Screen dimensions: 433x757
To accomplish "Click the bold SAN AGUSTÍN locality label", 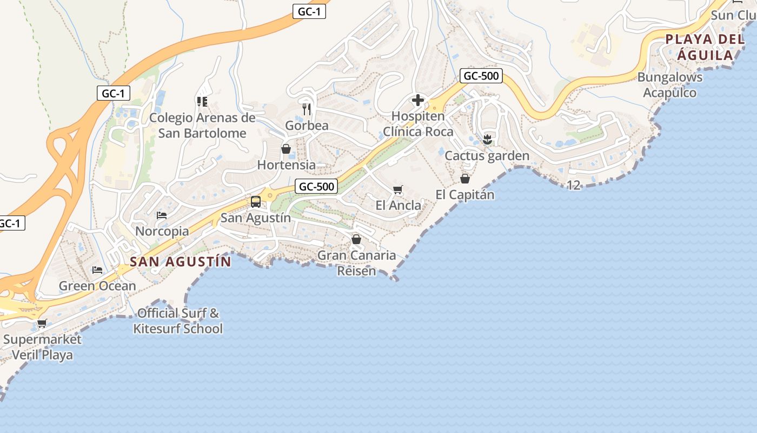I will [x=181, y=262].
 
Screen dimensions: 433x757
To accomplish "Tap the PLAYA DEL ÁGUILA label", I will [x=705, y=47].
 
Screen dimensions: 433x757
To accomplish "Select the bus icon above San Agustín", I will [x=256, y=202].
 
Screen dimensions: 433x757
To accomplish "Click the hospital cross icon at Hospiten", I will [x=418, y=100].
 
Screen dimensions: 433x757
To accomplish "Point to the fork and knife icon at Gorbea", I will [x=307, y=109].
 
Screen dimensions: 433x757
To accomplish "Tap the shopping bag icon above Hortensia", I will [x=286, y=149].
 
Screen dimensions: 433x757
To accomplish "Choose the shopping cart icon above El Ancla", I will [x=398, y=189].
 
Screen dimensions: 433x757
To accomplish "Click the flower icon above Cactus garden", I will [x=487, y=140].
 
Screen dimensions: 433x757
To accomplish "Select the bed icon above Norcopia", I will [x=162, y=215].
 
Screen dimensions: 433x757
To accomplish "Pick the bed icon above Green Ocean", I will [x=97, y=270].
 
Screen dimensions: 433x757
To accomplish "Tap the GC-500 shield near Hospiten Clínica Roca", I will [x=481, y=76].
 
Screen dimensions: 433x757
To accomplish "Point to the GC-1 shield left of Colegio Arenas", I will [x=114, y=93].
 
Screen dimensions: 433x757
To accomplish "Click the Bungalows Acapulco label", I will [x=670, y=85].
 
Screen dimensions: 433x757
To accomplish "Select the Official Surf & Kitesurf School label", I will [x=178, y=321].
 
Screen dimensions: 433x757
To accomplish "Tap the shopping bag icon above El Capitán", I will [x=465, y=179].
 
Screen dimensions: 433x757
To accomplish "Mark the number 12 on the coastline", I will [x=574, y=185].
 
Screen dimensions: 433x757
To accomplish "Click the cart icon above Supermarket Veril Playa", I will [x=42, y=324].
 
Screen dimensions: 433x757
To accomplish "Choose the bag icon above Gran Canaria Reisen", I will [x=356, y=239].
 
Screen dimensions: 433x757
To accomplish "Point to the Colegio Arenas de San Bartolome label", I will [x=202, y=126].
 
